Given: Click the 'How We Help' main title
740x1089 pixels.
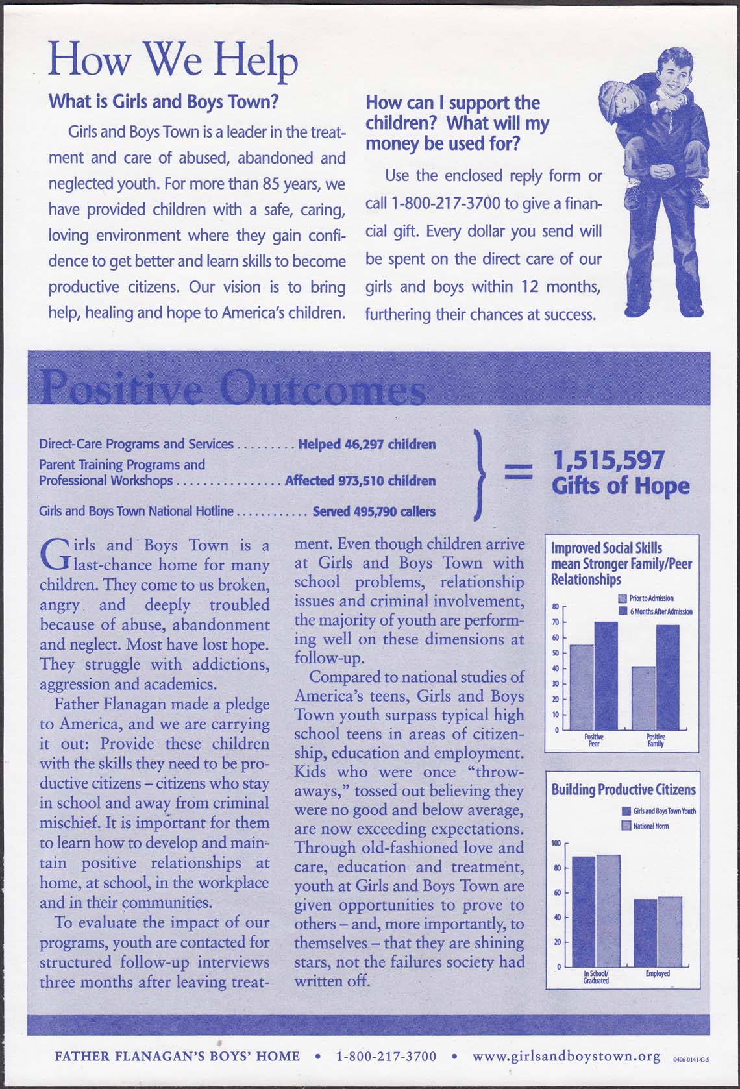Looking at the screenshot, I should (x=173, y=60).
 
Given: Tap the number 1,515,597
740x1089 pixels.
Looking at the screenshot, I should (x=608, y=460).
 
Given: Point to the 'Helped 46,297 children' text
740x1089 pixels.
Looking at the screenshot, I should (x=367, y=445).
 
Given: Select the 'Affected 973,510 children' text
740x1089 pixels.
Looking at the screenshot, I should (x=360, y=481).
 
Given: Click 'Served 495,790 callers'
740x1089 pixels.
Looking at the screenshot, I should (x=374, y=511).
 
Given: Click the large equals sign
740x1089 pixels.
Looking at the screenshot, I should (x=517, y=472).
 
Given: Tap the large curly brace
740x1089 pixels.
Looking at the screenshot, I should (x=480, y=474).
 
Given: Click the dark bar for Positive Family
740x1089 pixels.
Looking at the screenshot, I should (x=667, y=676).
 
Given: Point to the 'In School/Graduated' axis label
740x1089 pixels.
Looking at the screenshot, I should (x=596, y=977).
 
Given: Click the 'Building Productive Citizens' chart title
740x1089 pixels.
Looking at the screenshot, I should (x=623, y=790).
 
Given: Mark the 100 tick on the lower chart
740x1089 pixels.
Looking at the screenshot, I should (x=556, y=843).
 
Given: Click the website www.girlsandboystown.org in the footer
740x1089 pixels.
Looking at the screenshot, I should (x=566, y=1056).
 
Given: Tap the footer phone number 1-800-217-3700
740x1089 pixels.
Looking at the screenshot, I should (x=386, y=1057).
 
